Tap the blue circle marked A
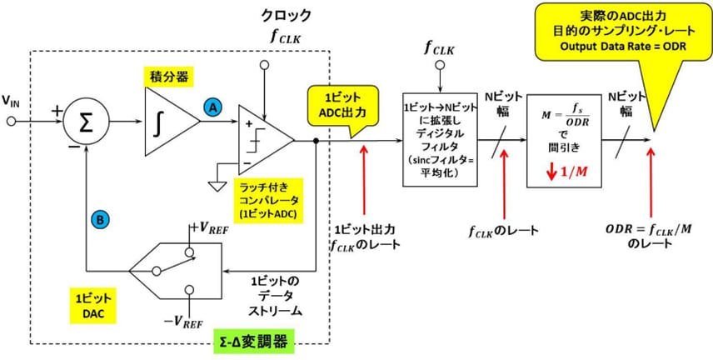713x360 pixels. coord(213,107)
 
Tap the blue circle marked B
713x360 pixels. coord(99,219)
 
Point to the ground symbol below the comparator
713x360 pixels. coord(218,185)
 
